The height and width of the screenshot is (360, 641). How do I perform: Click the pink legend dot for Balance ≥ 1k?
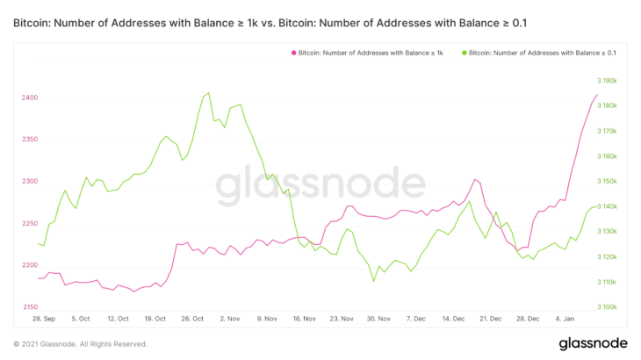coord(293,54)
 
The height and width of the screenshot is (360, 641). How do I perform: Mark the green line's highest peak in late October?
coord(207,92)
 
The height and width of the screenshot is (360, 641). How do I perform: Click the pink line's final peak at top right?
coord(596,95)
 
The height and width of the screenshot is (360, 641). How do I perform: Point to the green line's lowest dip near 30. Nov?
coord(374,281)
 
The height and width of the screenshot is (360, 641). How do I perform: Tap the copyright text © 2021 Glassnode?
coord(80,344)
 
